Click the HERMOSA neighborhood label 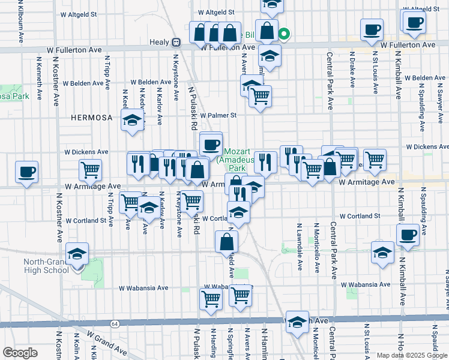pos(91,118)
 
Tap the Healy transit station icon pos(176,43)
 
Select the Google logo pos(20,352)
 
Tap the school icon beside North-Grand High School pos(77,255)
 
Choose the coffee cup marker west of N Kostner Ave pos(26,172)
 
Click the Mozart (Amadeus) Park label pos(238,160)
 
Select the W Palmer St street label pos(219,115)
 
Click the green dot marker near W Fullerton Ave pos(286,34)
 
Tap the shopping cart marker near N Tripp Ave pos(90,170)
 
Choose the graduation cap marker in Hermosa pos(132,120)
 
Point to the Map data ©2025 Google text pos(411,355)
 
